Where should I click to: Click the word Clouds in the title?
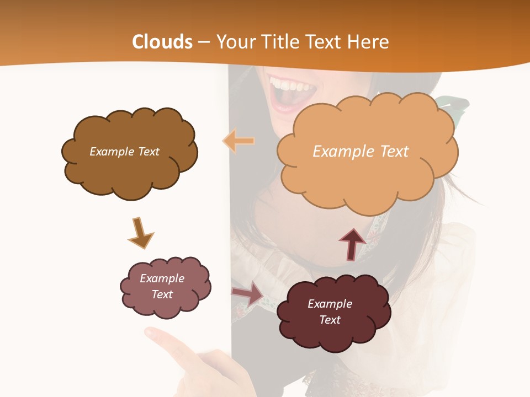pos(162,42)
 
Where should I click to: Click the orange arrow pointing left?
pos(239,141)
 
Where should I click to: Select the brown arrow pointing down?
pos(140,233)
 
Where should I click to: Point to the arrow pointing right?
pos(248,294)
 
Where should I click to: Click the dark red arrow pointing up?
pos(352,243)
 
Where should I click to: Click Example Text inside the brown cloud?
pos(124,152)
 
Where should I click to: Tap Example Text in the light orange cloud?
pos(361,152)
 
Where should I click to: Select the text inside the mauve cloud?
pos(162,286)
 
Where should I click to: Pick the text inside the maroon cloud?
pos(330,312)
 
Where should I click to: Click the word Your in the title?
pos(235,42)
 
